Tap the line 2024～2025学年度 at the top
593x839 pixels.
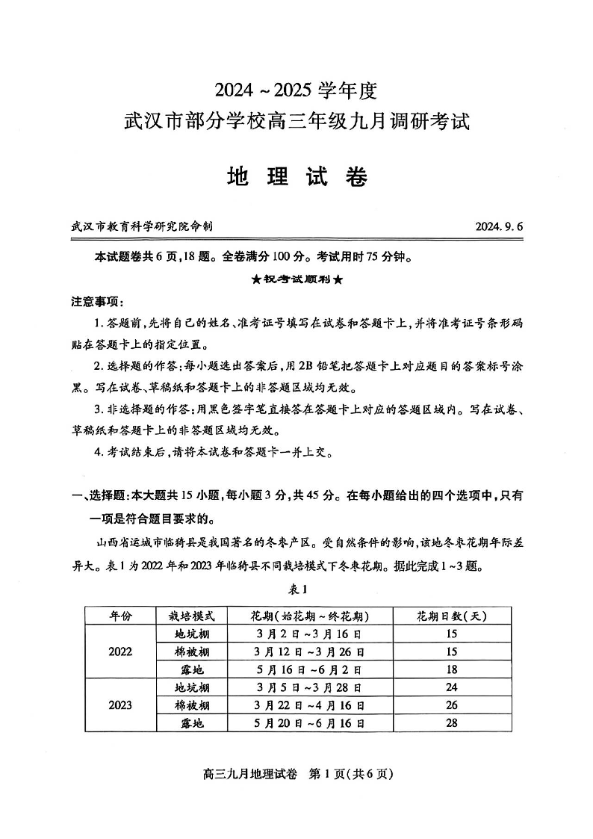(x=296, y=91)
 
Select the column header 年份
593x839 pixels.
(x=120, y=616)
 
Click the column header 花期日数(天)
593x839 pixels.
(x=451, y=616)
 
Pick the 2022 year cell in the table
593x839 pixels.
(x=120, y=651)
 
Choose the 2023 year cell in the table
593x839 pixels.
(x=120, y=705)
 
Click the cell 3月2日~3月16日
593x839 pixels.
(x=310, y=634)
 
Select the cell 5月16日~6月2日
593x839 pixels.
(x=310, y=669)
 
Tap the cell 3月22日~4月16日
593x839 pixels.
(x=310, y=705)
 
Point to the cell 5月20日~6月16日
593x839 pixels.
(x=310, y=723)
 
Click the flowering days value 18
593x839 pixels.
(x=451, y=669)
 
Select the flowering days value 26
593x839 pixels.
(x=451, y=705)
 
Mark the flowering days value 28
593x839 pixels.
(x=451, y=723)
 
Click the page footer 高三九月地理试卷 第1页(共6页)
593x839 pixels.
(x=297, y=774)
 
